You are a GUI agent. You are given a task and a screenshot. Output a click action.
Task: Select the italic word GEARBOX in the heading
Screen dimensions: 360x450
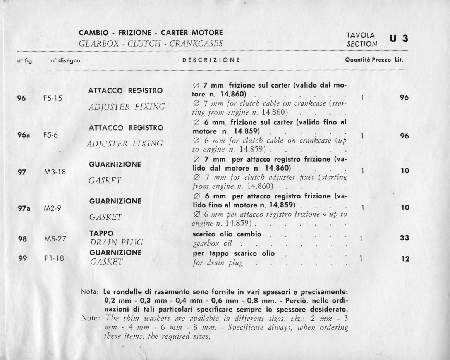[96, 43]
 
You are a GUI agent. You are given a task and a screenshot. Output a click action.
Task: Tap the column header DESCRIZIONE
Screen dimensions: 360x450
[211, 60]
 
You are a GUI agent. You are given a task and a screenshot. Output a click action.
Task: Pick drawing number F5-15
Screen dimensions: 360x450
[53, 98]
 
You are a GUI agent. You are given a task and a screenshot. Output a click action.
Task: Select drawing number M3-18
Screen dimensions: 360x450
[55, 171]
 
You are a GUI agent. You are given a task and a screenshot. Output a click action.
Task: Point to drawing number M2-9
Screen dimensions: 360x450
[53, 208]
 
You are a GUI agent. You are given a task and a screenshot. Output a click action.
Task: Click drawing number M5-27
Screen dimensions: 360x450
[55, 239]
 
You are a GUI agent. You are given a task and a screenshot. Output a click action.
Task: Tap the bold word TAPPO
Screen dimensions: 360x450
[101, 234]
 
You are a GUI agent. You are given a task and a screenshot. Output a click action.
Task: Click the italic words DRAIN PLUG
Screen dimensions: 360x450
[116, 243]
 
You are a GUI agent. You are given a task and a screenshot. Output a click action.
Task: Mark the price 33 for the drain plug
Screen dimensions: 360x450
[404, 238]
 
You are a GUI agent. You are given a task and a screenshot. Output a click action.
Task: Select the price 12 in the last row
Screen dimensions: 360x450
[405, 259]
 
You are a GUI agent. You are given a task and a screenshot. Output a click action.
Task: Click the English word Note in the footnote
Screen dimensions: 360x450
[91, 319]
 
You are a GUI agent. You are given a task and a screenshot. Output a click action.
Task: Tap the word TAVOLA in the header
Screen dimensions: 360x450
[360, 35]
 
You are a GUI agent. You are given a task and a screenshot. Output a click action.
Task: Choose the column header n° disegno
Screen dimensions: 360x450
[65, 60]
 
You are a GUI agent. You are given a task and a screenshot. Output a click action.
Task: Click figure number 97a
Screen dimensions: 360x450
[24, 208]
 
